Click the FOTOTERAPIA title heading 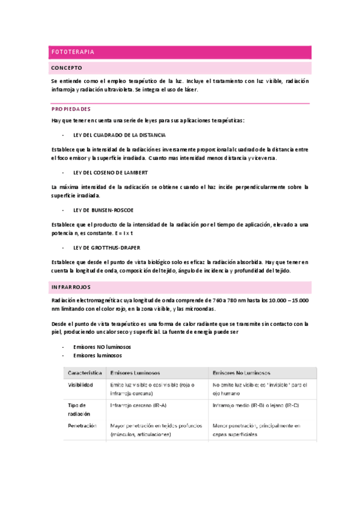click(x=73, y=52)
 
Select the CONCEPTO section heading click(x=67, y=68)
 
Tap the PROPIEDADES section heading click(x=71, y=109)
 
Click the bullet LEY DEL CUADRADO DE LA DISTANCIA click(x=119, y=135)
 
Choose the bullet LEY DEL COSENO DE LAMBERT click(x=109, y=173)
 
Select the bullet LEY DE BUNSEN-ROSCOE click(x=103, y=210)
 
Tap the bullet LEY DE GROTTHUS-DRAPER click(x=107, y=247)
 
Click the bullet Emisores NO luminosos click(x=102, y=347)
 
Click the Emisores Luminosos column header click(x=135, y=372)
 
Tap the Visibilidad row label click(x=81, y=385)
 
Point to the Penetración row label click(x=82, y=425)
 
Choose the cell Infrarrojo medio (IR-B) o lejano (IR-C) click(x=255, y=405)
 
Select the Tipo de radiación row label click(x=79, y=410)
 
